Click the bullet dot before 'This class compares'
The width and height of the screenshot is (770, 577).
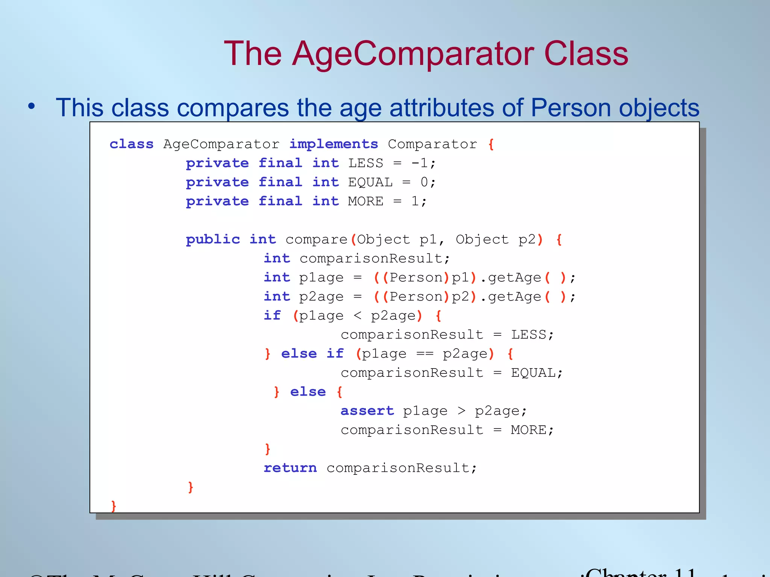click(x=32, y=106)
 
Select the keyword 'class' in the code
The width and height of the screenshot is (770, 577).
click(x=132, y=144)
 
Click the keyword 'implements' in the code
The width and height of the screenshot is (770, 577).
click(x=333, y=144)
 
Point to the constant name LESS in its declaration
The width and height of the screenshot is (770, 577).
click(x=365, y=163)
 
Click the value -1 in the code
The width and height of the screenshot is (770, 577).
click(x=420, y=163)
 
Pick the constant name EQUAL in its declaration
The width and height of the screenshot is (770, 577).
click(x=370, y=183)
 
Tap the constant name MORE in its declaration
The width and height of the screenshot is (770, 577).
click(x=365, y=202)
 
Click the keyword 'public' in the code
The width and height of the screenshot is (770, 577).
click(x=213, y=240)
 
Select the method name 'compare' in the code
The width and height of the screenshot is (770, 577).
click(x=316, y=240)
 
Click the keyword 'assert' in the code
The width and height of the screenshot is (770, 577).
click(x=367, y=411)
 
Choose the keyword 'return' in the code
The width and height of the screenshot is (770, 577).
click(x=290, y=468)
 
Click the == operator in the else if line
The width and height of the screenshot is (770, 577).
click(x=424, y=354)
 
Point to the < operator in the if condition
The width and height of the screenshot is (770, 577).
click(x=357, y=316)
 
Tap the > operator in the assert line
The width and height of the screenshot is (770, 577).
click(x=461, y=411)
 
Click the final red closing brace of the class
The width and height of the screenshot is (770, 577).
click(x=114, y=506)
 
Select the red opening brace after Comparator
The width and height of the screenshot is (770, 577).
click(x=491, y=144)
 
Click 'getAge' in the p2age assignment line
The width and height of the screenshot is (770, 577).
click(x=514, y=297)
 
